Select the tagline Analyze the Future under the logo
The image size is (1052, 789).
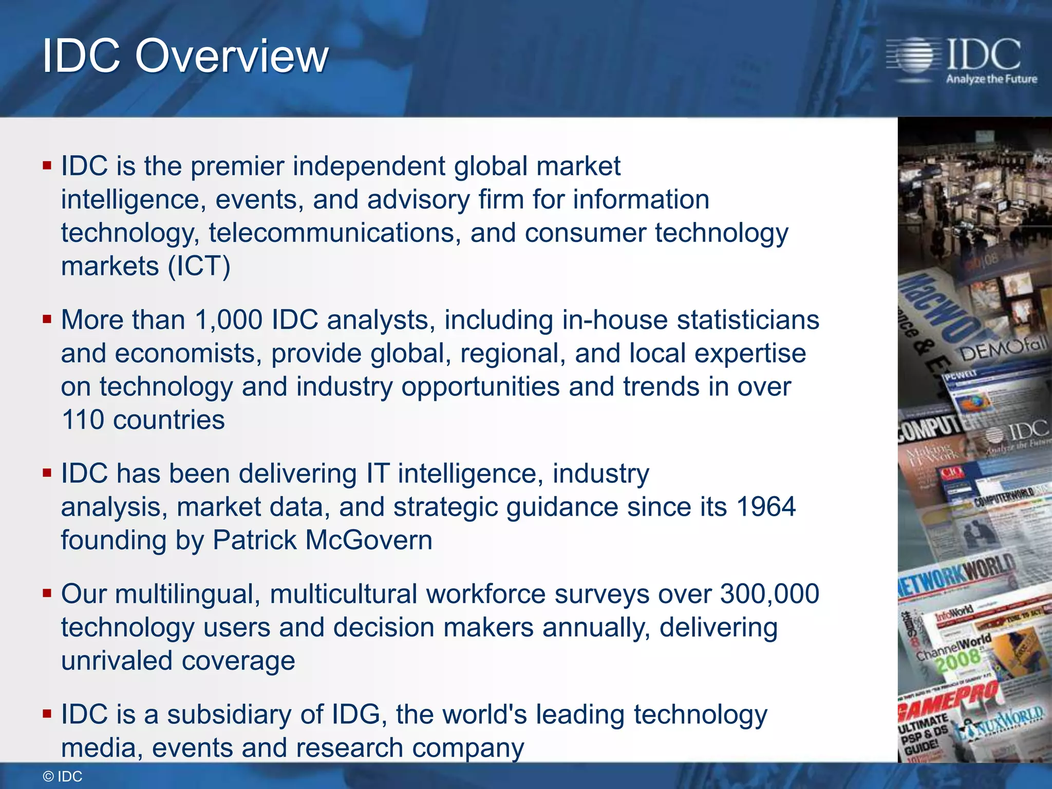pos(991,79)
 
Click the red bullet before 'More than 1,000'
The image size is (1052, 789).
pos(47,320)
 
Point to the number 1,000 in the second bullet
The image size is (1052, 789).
pos(229,320)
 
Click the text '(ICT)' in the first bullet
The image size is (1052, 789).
pos(199,266)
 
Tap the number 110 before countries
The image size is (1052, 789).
pos(82,420)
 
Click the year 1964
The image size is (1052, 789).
pos(765,507)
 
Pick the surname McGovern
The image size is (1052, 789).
pos(368,540)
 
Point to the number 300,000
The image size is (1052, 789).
pos(769,594)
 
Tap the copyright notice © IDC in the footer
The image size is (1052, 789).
pos(62,776)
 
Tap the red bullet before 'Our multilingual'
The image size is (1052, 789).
pos(47,594)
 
